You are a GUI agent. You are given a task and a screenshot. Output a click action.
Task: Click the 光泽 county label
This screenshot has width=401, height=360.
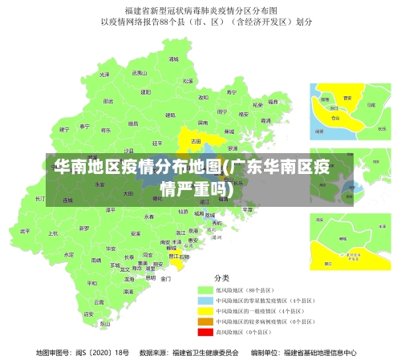[105, 74]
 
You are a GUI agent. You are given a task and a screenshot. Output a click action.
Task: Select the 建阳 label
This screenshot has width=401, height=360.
[146, 92]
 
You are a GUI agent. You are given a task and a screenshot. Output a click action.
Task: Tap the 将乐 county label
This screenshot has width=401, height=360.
[105, 129]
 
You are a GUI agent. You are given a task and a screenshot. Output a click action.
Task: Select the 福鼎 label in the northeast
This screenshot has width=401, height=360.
[273, 102]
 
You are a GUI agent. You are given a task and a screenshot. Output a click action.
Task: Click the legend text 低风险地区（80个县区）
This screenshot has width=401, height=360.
[245, 289]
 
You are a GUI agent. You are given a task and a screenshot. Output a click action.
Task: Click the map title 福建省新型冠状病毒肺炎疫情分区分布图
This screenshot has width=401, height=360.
[200, 10]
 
